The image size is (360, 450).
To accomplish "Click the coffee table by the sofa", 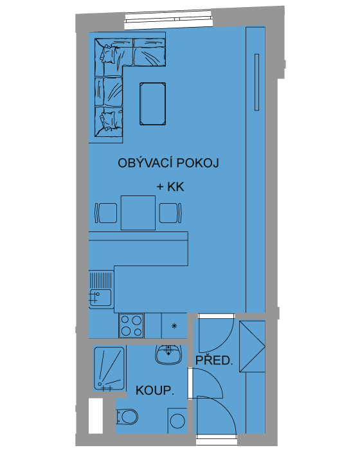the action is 152,104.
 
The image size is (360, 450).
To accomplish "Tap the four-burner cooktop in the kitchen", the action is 132,325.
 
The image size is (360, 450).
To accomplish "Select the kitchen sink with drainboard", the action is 100,289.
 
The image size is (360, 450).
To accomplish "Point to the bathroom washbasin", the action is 168,354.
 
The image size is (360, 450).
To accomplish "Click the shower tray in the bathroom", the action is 109,369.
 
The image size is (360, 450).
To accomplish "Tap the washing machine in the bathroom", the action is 177,420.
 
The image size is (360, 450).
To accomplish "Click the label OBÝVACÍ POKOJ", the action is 168,163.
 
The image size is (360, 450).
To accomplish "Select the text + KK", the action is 170,187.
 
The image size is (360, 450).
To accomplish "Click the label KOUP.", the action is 155,391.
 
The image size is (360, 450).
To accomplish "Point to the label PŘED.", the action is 214,360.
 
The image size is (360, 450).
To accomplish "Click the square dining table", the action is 138,213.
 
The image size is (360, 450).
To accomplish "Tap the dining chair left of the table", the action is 106,213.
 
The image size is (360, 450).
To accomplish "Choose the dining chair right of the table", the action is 170,213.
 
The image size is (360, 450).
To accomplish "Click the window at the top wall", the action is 169,20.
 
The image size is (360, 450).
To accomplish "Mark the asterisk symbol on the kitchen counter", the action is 174,326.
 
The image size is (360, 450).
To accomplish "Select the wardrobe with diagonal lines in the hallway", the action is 252,346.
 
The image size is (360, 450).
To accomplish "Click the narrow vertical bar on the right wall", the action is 256,82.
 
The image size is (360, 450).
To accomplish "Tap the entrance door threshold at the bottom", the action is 217,437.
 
